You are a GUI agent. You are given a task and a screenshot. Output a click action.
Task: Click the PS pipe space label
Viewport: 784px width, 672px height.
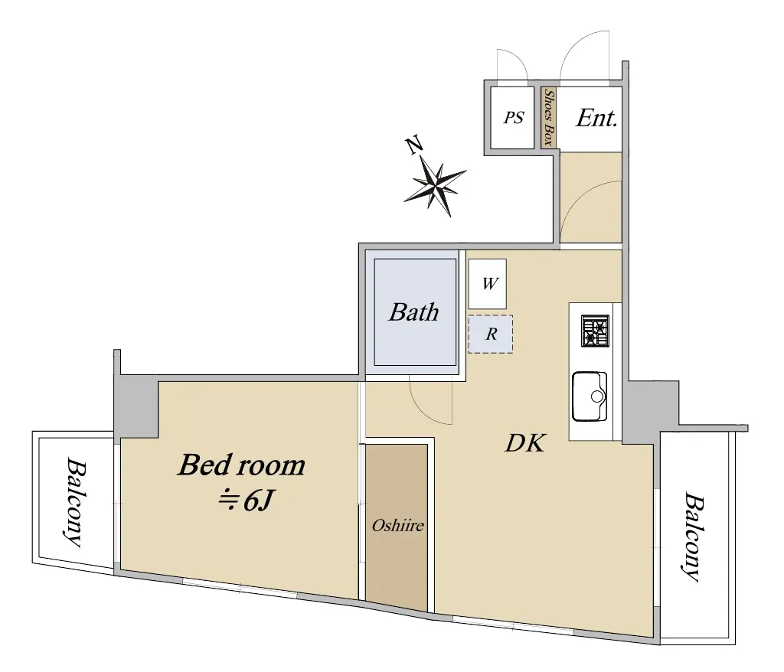pos(514,118)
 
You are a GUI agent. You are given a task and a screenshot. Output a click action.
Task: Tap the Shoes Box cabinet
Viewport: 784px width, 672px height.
pos(549,118)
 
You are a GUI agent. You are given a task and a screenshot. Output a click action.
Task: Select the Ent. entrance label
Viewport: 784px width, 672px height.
pos(596,118)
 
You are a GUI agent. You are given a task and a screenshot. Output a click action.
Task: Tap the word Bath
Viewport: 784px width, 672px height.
pos(413,312)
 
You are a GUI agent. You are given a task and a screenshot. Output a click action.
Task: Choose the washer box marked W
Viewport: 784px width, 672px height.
pos(488,284)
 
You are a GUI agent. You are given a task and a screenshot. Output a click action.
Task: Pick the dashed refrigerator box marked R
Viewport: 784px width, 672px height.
pos(491,334)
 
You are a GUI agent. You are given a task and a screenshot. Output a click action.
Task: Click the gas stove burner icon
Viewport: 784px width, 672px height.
pos(595,331)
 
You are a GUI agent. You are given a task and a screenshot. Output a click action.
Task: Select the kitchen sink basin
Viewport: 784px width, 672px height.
pos(590,396)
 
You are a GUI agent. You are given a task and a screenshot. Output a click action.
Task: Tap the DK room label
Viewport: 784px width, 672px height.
pos(525,443)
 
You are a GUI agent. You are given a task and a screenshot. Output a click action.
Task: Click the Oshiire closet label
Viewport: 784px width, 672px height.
pos(397,526)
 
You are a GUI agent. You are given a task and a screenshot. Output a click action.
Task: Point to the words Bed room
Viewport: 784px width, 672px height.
pos(241,465)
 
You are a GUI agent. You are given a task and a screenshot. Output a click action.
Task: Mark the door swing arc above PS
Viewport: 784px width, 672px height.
pos(518,57)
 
